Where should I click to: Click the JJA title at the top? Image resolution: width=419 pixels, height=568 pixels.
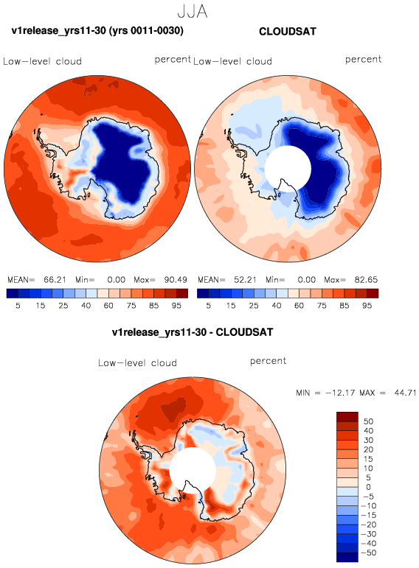pyautogui.click(x=193, y=11)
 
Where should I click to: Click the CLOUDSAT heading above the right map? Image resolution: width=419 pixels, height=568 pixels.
pyautogui.click(x=288, y=32)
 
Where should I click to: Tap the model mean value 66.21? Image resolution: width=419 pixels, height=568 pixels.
pyautogui.click(x=55, y=280)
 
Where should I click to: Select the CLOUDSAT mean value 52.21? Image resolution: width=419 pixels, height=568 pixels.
pyautogui.click(x=245, y=280)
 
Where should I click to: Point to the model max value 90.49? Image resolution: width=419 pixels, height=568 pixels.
pyautogui.click(x=176, y=280)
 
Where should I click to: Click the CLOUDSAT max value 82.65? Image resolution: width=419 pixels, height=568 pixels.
pyautogui.click(x=366, y=280)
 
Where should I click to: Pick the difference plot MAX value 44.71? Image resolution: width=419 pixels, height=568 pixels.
pyautogui.click(x=405, y=393)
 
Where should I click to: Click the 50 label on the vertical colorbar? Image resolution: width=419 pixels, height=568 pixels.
pyautogui.click(x=368, y=421)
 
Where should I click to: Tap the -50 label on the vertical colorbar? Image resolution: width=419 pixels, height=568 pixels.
pyautogui.click(x=369, y=553)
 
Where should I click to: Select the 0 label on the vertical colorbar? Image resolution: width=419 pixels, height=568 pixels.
pyautogui.click(x=368, y=487)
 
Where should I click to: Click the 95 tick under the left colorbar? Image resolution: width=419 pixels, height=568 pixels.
pyautogui.click(x=176, y=306)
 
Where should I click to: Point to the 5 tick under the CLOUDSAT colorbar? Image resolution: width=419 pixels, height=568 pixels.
pyautogui.click(x=208, y=306)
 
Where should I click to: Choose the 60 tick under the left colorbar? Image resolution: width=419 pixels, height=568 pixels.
pyautogui.click(x=108, y=306)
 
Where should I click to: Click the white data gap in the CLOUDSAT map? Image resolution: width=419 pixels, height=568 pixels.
pyautogui.click(x=288, y=169)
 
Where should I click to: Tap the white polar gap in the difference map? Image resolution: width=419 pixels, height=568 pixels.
pyautogui.click(x=193, y=470)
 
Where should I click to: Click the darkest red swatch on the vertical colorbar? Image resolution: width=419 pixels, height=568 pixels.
pyautogui.click(x=347, y=416)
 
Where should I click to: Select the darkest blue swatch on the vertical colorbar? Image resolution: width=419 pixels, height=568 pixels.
pyautogui.click(x=347, y=557)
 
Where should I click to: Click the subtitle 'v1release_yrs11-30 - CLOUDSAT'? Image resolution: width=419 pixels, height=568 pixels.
pyautogui.click(x=193, y=332)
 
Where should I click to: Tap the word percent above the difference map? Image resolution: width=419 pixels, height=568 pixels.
pyautogui.click(x=268, y=361)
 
